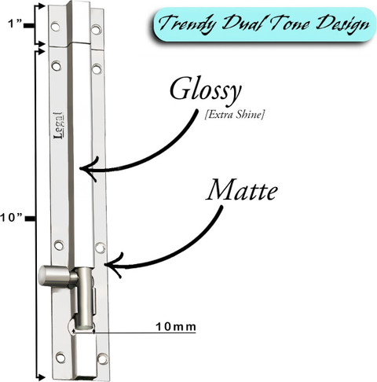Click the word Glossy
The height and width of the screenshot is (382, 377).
pos(206,91)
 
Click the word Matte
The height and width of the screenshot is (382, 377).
pos(242,190)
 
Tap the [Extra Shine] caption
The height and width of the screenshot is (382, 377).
pos(234,115)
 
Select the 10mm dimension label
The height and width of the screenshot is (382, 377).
pos(176,327)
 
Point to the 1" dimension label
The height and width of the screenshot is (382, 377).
pos(14,24)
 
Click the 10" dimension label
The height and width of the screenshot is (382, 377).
pos(11,218)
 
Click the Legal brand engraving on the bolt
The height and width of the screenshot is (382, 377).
pos(58,126)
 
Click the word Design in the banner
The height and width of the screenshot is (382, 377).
pos(343,25)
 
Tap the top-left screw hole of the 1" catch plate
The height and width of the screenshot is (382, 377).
pos(55,26)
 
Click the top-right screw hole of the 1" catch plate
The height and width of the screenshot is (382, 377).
pos(96,29)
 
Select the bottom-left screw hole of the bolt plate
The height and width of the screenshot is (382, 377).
pos(60,357)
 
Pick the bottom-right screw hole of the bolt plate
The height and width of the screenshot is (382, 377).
pos(102,358)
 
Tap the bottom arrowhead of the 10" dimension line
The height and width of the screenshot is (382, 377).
pos(41,378)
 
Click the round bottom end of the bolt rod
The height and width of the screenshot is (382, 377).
pos(84,326)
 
